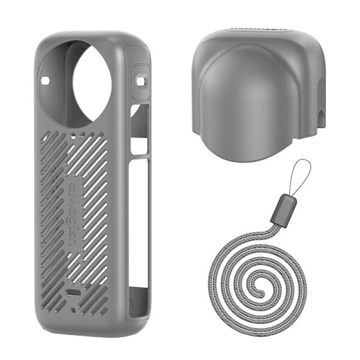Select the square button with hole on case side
click(140, 80)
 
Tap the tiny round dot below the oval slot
click(74, 310)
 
